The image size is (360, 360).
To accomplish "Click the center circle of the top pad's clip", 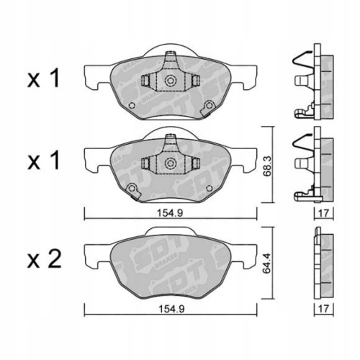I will coord(171,81).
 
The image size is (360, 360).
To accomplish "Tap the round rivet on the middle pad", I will coord(132,189).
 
